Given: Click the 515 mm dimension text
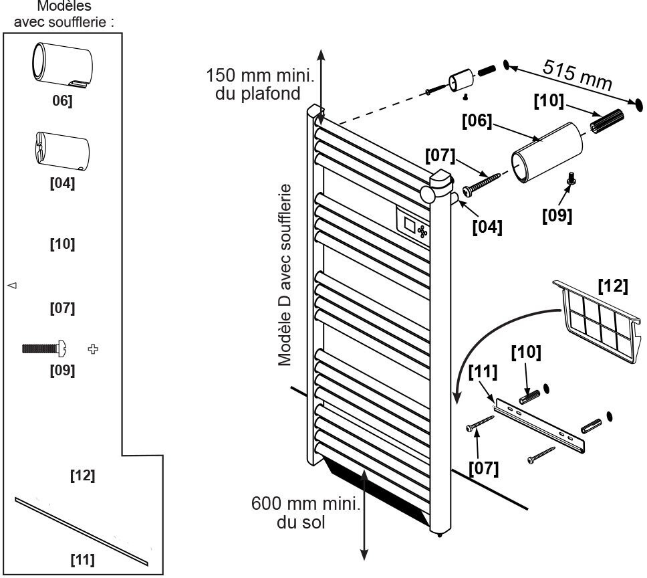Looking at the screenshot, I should tap(577, 75).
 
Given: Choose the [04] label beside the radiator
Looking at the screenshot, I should tap(487, 226).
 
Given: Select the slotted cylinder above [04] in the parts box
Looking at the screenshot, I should tap(61, 148).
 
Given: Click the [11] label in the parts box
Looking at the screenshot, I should tap(82, 559).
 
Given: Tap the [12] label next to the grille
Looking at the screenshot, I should tap(612, 286).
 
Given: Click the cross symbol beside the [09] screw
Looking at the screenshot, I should tap(93, 348).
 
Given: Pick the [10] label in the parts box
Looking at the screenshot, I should tap(62, 244).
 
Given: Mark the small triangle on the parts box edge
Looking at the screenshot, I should tap(11, 286).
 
